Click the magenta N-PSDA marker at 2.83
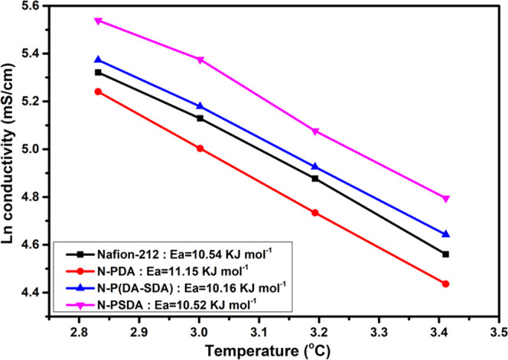(x=98, y=21)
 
